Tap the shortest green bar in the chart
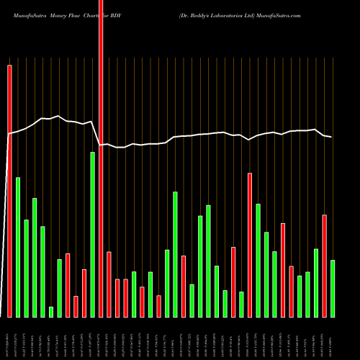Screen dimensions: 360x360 click(51, 312)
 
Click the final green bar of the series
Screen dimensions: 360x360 click(333, 288)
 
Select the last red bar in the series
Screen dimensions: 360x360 click(324, 266)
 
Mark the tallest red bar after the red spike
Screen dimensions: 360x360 click(250, 245)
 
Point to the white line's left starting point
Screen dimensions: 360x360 click(9, 134)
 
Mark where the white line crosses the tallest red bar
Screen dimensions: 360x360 click(101, 145)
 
